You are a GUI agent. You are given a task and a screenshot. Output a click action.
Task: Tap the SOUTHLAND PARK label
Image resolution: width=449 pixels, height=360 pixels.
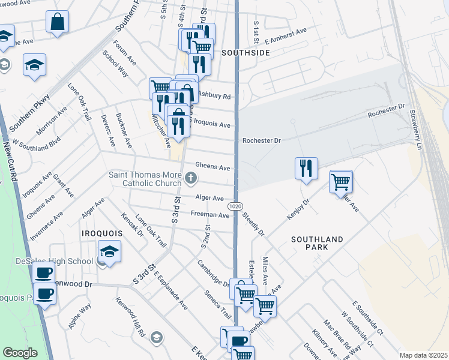[x=317, y=243]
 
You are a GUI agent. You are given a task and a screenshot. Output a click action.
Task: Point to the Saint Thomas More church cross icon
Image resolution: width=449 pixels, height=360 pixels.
[x=191, y=177]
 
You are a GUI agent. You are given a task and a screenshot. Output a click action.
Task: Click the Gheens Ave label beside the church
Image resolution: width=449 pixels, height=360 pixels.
[x=212, y=167]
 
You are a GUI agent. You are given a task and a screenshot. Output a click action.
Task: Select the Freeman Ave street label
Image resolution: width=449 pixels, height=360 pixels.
[x=210, y=214]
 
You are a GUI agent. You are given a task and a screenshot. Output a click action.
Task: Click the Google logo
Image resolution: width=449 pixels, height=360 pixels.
[x=20, y=353]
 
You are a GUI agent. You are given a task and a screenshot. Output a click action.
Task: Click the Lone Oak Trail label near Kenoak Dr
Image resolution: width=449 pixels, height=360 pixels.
[x=151, y=230]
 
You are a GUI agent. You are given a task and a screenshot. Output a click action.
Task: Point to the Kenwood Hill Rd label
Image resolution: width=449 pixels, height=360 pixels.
[x=131, y=316]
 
